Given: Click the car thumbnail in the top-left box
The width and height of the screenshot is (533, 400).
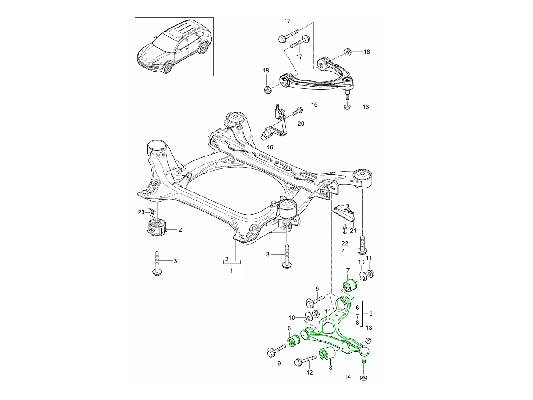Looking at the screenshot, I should (x=174, y=47).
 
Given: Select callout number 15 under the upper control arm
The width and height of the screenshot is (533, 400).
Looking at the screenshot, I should (x=314, y=105).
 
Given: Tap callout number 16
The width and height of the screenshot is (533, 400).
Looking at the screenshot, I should (x=366, y=107).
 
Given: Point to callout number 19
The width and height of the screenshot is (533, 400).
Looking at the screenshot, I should (x=270, y=147).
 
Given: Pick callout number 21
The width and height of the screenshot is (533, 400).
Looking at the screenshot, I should (x=354, y=230).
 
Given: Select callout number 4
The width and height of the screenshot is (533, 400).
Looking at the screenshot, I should (x=343, y=252).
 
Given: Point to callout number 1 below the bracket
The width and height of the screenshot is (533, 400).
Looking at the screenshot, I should (x=231, y=270).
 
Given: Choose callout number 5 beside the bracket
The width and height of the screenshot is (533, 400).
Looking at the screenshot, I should (x=370, y=313).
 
